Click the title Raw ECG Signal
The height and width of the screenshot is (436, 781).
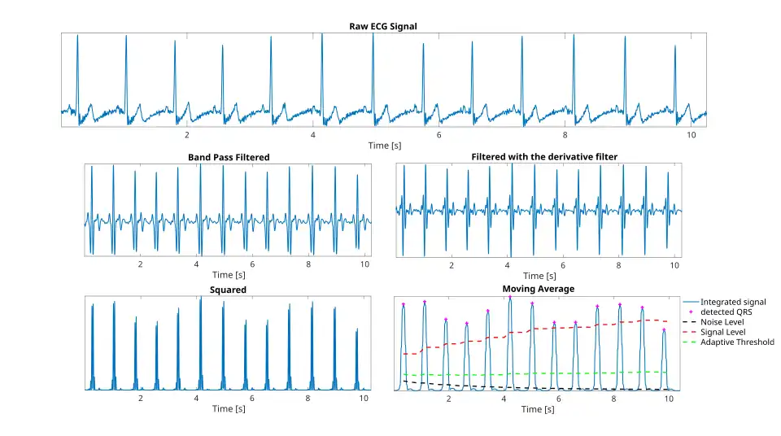point(382,26)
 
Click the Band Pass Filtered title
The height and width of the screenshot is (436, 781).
point(228,157)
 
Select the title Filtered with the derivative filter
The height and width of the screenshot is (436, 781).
point(538,156)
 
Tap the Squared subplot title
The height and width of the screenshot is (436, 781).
point(228,290)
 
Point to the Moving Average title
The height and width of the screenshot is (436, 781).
point(538,289)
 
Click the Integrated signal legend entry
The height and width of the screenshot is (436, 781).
point(733,302)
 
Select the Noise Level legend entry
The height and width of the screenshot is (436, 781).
point(722,322)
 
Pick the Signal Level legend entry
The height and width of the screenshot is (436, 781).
point(723,332)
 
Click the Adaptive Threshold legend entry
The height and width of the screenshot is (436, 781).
point(737,342)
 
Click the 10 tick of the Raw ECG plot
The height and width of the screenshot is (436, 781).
point(691,135)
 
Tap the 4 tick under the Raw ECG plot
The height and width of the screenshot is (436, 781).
point(313,135)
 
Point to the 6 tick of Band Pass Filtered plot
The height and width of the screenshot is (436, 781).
point(252,264)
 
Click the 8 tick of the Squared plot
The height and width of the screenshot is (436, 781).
point(308,399)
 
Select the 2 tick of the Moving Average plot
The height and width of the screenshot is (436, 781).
point(448,399)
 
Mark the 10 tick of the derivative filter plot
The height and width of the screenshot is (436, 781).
point(675,265)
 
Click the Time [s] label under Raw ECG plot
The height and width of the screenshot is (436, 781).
point(384,146)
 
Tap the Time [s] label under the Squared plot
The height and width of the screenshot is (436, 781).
point(228,408)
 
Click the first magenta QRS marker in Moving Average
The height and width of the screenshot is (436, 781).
point(403,304)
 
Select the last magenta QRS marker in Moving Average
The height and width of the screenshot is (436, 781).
point(664,329)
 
